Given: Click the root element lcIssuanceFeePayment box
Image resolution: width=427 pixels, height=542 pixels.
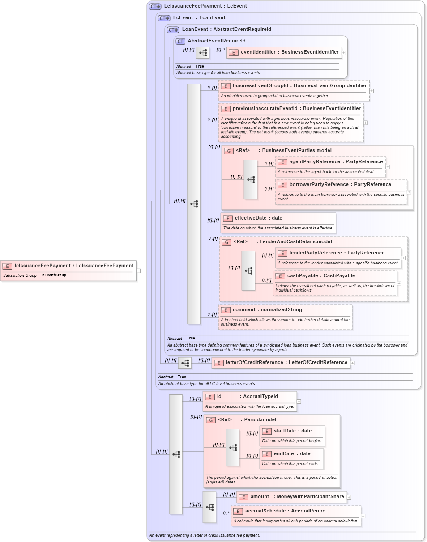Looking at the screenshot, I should point(68,266).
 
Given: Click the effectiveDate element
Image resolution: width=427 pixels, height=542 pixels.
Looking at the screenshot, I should point(258,218).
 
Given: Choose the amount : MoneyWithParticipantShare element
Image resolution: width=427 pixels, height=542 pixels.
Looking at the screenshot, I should point(292,497).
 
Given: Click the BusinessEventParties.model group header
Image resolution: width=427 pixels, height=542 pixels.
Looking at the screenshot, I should point(295,151).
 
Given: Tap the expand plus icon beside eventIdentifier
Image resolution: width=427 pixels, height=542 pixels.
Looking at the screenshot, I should point(344,52).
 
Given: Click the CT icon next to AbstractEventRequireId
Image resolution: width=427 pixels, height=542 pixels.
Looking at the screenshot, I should point(180,41).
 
